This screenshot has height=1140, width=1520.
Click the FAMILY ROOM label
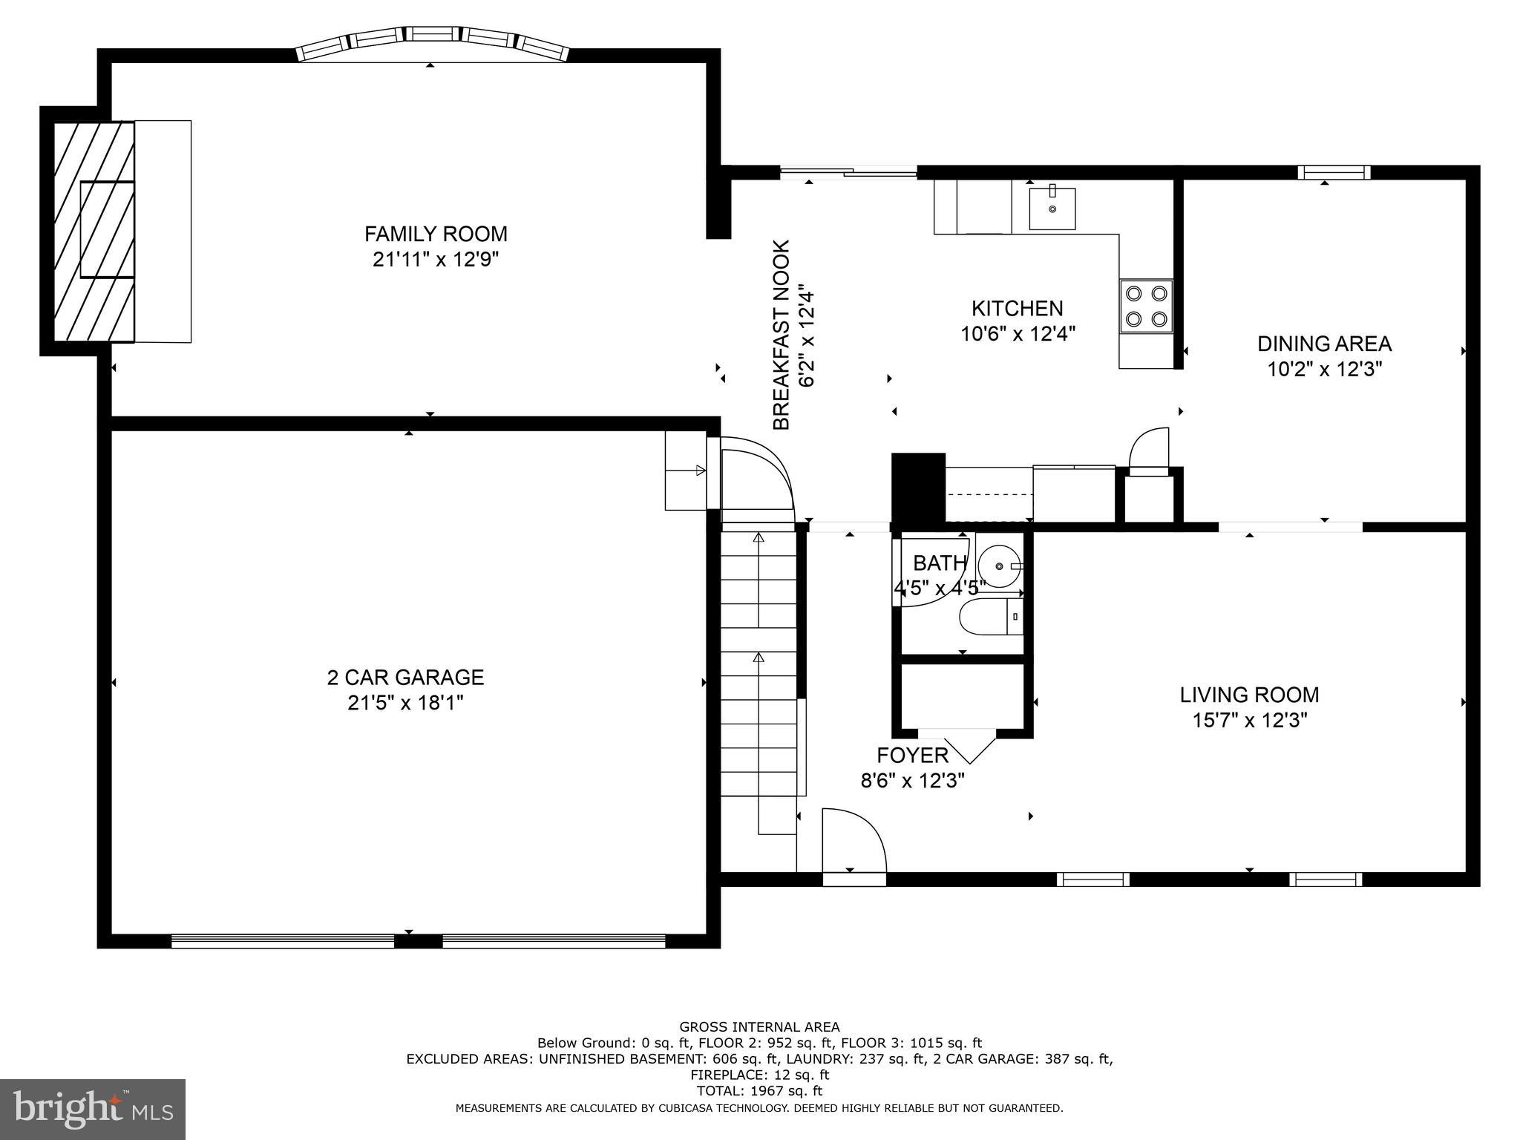pos(436,234)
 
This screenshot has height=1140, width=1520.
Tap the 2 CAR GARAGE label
pos(405,677)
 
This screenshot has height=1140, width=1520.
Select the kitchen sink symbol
pos(1052,209)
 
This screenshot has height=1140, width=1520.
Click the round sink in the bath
pos(999,566)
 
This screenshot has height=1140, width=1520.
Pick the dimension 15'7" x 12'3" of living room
pos(1249,720)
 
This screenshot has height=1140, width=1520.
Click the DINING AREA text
pos(1324,344)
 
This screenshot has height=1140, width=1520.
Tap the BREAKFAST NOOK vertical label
pos(782,334)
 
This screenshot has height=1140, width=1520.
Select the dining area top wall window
pos(1334,172)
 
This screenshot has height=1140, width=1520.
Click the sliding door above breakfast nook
pos(848,173)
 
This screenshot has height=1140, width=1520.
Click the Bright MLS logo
pos(92,1109)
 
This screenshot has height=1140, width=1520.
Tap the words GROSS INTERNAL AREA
pos(759,1027)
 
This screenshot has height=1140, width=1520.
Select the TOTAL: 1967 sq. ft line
pos(759,1091)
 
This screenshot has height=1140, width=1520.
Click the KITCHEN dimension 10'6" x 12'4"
pos(1018,333)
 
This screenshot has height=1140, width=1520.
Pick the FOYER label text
pos(912,755)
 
